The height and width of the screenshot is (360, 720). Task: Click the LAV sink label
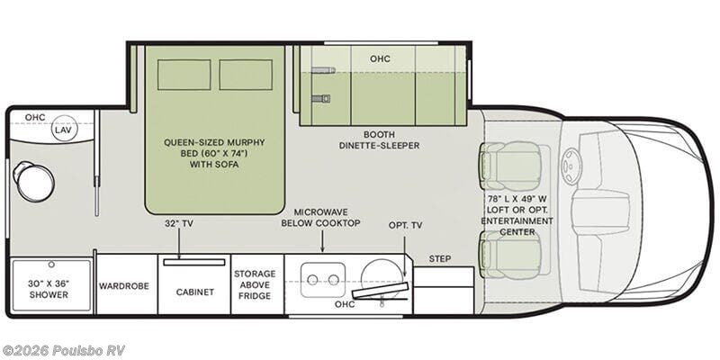tap(62, 130)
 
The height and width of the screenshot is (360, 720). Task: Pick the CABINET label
tap(194, 292)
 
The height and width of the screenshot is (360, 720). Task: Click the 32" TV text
tap(179, 223)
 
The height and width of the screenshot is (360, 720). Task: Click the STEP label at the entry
tap(440, 258)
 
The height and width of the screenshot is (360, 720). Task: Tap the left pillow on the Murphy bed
tap(184, 76)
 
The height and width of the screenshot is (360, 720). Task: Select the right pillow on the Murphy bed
tap(245, 76)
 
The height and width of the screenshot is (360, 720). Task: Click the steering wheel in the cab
tap(572, 167)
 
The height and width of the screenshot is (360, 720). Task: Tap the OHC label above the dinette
tap(381, 58)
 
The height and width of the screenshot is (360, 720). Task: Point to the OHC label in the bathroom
tap(35, 117)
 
